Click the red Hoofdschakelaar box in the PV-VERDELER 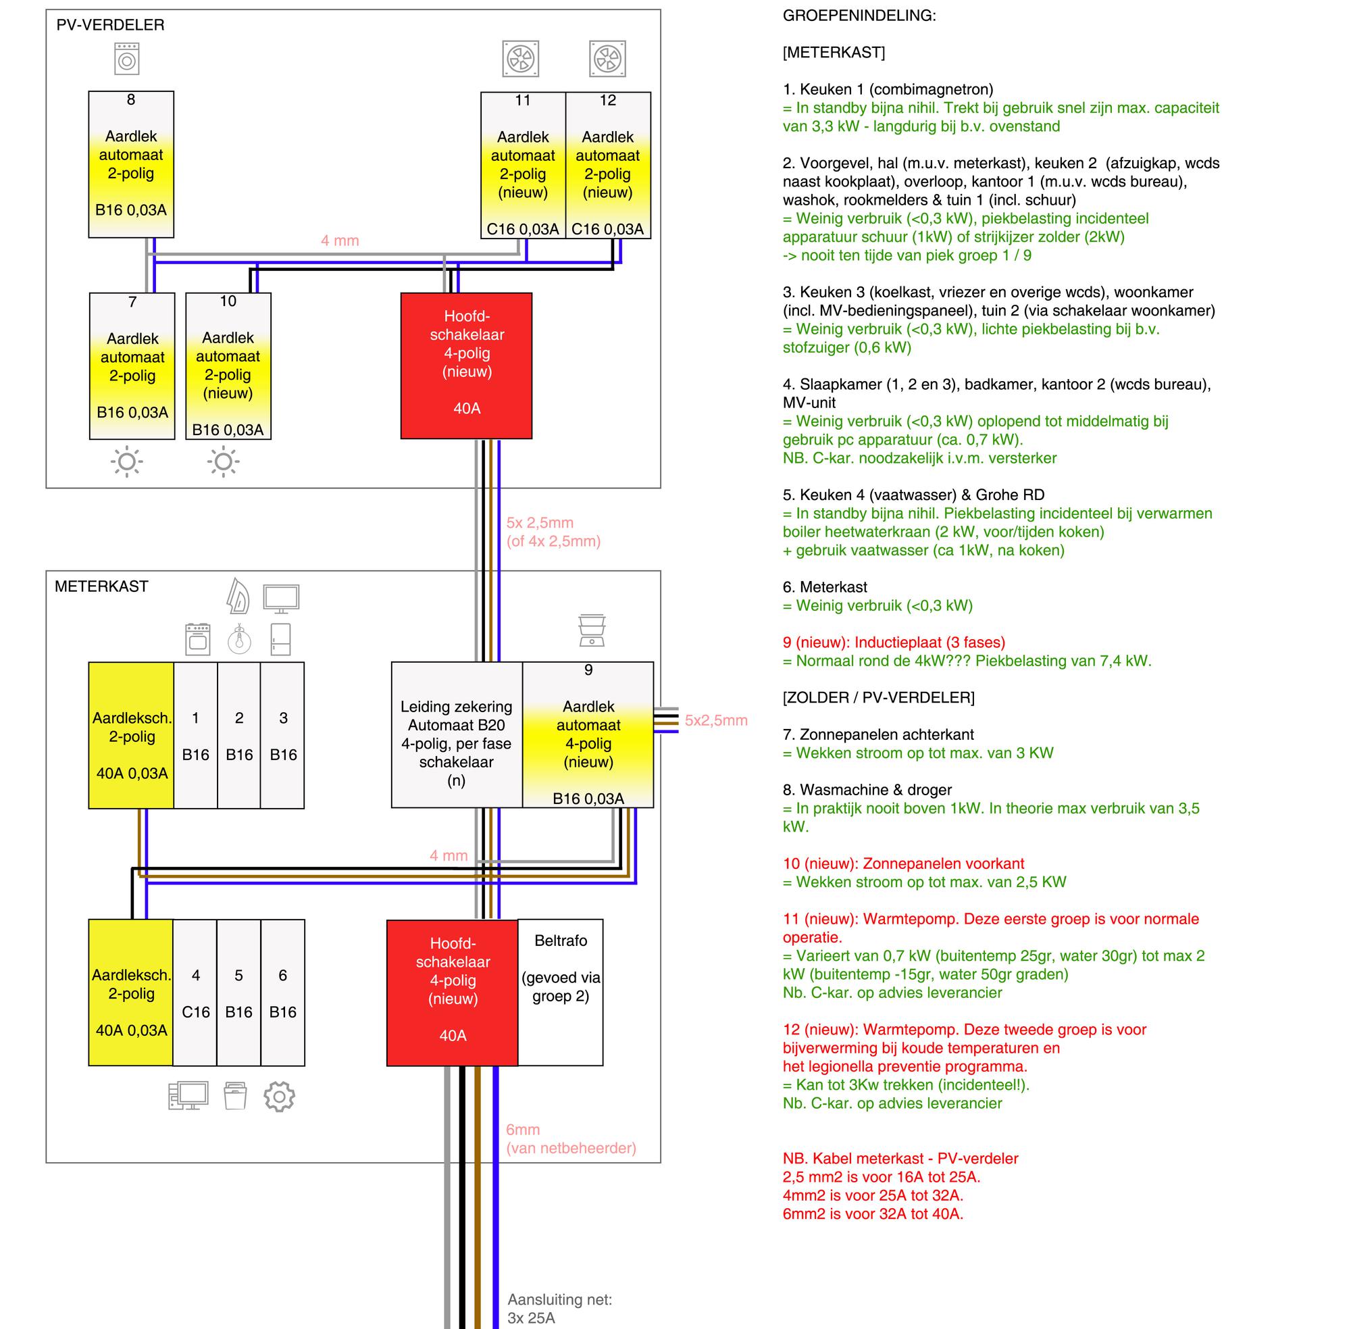point(466,366)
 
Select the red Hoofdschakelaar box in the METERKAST point(452,992)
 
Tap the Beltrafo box point(561,992)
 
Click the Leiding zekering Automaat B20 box point(457,735)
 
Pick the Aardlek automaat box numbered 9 point(588,735)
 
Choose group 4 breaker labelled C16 point(195,993)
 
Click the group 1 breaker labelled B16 point(195,735)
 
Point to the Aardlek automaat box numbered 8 point(131,165)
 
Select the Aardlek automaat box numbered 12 point(608,166)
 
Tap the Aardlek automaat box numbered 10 point(228,366)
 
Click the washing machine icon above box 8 point(127,59)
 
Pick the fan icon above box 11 point(521,59)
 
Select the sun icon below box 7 point(127,461)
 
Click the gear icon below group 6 point(279,1097)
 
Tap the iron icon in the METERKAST point(238,596)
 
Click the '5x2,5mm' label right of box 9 point(716,720)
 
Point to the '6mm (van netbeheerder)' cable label point(571,1138)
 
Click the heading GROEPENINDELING point(859,16)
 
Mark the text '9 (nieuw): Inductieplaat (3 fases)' point(893,642)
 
